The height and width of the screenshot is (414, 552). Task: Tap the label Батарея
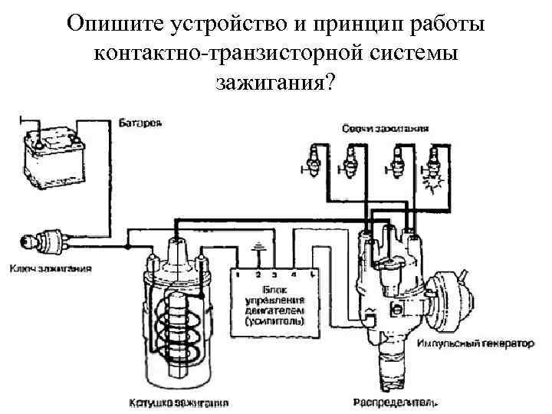(140, 123)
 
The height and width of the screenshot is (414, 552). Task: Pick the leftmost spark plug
(314, 160)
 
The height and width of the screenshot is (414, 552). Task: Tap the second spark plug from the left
(353, 160)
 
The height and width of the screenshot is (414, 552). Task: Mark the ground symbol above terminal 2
(258, 248)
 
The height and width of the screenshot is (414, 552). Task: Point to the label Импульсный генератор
(476, 345)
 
